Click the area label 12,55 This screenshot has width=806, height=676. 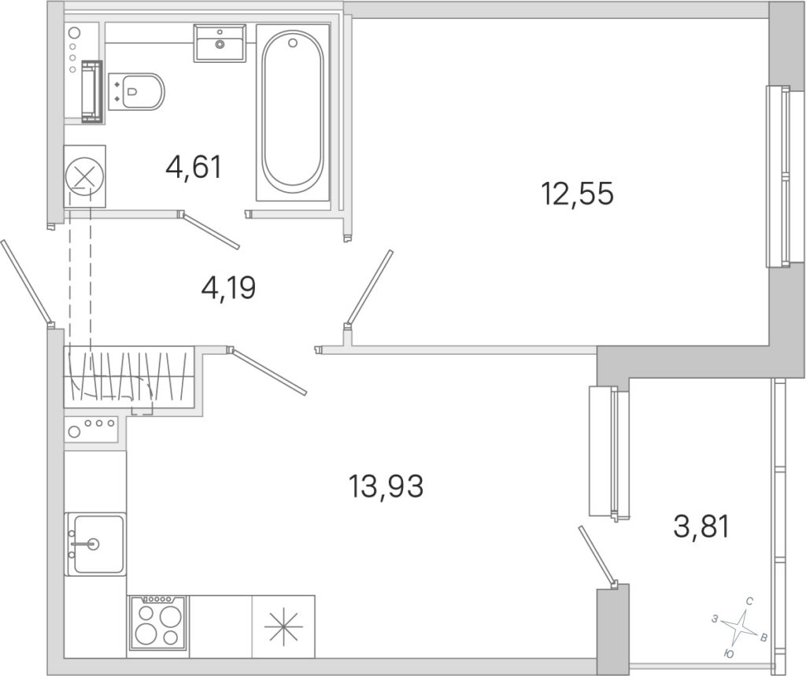coord(577,194)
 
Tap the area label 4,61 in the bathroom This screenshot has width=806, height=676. coord(194,167)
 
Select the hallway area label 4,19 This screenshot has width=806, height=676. coord(229,288)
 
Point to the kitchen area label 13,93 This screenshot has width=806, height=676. coord(386,486)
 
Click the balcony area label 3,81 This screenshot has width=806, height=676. coord(701,527)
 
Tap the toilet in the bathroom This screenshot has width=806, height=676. coord(136,91)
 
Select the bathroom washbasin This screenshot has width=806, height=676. coord(220,43)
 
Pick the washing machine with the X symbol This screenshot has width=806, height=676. coord(85,176)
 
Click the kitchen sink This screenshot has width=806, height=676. coord(95,544)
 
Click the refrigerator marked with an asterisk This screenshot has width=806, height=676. coord(283,626)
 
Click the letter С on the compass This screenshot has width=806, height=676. coord(750,601)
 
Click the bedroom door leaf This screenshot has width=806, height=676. coord(369,288)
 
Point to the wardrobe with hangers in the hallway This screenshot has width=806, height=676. coord(128,377)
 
